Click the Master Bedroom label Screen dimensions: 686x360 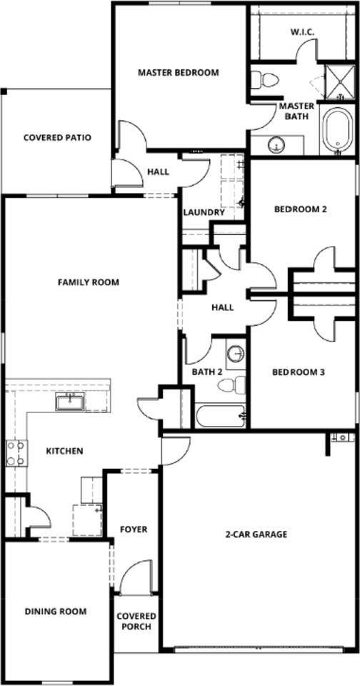(x=178, y=72)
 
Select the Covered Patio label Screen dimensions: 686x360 (x=57, y=138)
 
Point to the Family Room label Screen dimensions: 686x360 (x=89, y=282)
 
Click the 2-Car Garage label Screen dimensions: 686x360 (x=256, y=534)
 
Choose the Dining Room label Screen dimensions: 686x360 (x=56, y=611)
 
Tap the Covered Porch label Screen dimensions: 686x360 (x=136, y=622)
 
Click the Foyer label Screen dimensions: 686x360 (x=134, y=530)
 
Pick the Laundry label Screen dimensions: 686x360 (x=204, y=212)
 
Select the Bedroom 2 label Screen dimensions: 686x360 (x=301, y=209)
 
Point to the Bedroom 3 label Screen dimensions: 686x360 (x=299, y=372)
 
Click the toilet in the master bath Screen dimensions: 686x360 (x=266, y=80)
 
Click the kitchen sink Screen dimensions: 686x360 (x=70, y=402)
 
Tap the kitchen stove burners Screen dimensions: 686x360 (x=16, y=453)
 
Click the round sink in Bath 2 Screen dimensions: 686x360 (x=235, y=354)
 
